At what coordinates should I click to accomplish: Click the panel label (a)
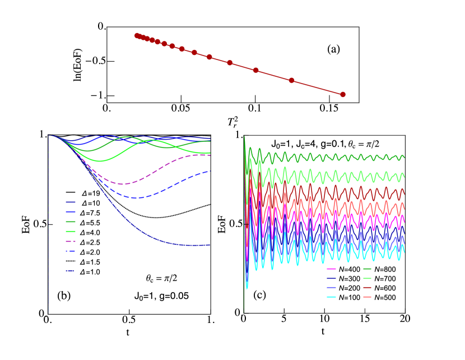click(x=334, y=49)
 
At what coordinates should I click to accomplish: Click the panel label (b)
click(x=64, y=296)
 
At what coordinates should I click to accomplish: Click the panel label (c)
click(x=259, y=296)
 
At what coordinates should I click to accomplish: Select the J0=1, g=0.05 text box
click(x=161, y=297)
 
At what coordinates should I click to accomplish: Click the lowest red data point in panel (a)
click(x=343, y=94)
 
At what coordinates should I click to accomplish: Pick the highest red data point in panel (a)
click(x=137, y=35)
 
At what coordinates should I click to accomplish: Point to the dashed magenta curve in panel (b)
click(x=129, y=183)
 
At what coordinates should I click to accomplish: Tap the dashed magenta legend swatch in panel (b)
click(x=71, y=241)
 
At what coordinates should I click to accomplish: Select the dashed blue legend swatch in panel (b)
click(x=71, y=251)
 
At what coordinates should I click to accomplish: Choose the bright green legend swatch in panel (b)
click(x=71, y=231)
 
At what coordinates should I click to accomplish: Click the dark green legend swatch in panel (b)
click(x=71, y=221)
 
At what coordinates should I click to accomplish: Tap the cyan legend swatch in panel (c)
click(x=331, y=297)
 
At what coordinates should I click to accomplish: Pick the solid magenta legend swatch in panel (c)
click(x=331, y=269)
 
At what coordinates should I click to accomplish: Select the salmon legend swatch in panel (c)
click(x=368, y=297)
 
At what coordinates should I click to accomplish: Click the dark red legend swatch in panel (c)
click(x=368, y=288)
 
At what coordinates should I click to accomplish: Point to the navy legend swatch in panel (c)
click(x=331, y=278)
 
